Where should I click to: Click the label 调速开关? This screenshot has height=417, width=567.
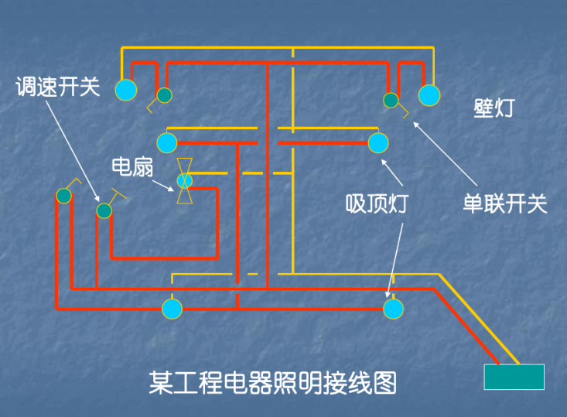click(x=59, y=86)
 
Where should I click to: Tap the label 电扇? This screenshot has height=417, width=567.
click(x=132, y=166)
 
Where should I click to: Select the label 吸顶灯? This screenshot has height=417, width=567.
click(x=376, y=204)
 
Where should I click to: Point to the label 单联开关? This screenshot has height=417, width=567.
click(x=504, y=204)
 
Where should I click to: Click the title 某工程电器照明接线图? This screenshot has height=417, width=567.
click(x=272, y=382)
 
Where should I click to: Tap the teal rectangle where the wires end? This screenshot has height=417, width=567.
click(x=514, y=377)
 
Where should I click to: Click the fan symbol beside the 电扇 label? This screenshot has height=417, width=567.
click(x=184, y=181)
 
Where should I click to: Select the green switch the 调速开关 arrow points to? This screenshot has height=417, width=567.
click(x=104, y=210)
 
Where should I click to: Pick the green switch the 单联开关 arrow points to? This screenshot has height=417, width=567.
click(x=391, y=100)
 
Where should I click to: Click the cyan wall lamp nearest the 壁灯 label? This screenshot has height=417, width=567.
click(x=429, y=94)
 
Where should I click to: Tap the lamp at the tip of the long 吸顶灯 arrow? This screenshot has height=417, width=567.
click(x=393, y=309)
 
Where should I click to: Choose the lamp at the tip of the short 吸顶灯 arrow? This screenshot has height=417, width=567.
click(x=378, y=143)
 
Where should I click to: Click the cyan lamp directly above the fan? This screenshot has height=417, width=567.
click(x=167, y=143)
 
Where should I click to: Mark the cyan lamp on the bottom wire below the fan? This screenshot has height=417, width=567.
click(x=172, y=309)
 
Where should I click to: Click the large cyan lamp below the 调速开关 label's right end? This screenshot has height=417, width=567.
click(x=126, y=90)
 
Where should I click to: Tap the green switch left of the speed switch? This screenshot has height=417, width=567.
click(x=64, y=196)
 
